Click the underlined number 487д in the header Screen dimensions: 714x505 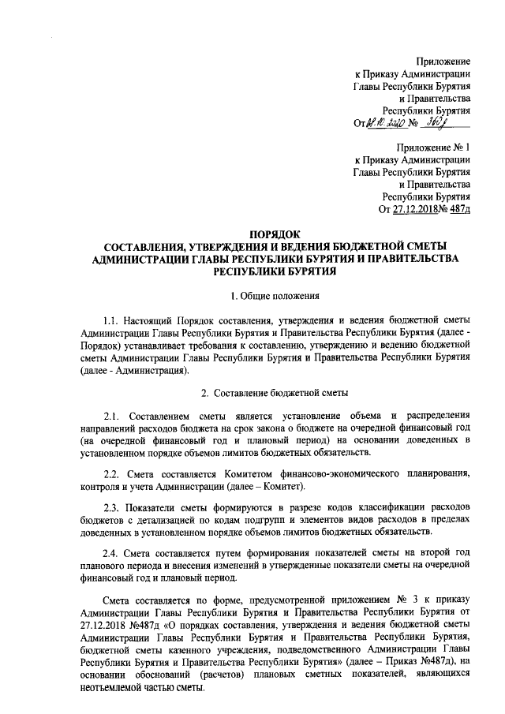click(459, 208)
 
